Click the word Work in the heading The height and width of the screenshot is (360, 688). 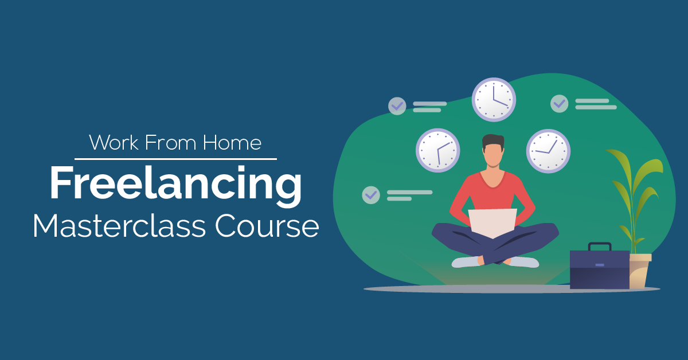(x=114, y=142)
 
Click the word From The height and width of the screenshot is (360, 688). (x=170, y=142)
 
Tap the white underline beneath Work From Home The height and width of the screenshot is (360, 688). (x=175, y=159)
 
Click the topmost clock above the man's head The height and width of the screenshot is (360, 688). (x=494, y=100)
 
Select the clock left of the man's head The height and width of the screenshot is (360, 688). (x=437, y=150)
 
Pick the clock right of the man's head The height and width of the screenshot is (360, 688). (x=548, y=151)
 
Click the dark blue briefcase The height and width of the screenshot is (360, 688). (x=600, y=269)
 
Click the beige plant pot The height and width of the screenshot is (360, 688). (x=639, y=271)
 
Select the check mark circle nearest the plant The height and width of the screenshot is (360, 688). (x=560, y=104)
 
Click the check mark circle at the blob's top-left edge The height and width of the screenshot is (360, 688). (x=397, y=106)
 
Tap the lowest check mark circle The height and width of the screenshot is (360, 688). (x=371, y=195)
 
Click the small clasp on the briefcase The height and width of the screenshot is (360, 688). (x=600, y=265)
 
